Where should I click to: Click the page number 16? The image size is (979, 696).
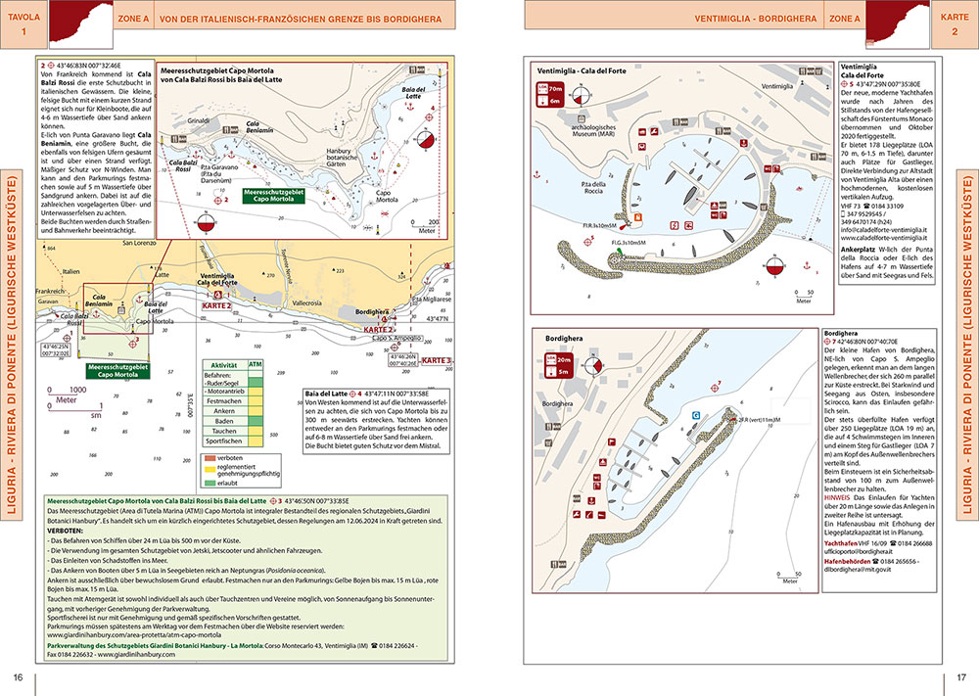pyautogui.click(x=18, y=677)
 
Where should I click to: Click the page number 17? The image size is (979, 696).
pyautogui.click(x=961, y=677)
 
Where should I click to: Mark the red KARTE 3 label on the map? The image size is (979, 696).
pyautogui.click(x=437, y=361)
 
